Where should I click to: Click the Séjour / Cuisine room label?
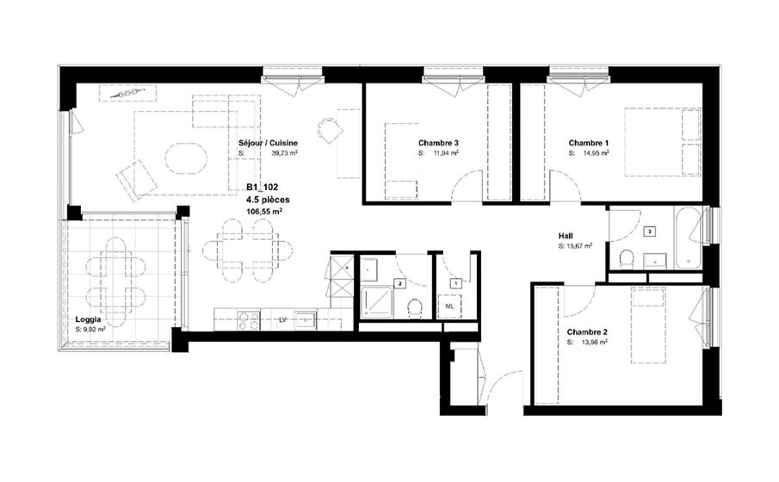268,143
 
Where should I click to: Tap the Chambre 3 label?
438,143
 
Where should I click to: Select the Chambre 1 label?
589,143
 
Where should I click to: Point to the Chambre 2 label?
587,332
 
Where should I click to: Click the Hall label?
566,237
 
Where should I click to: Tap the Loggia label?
88,319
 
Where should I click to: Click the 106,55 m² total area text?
264,211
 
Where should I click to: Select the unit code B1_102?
263,188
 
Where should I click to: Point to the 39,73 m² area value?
284,153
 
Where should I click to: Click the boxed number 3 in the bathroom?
649,231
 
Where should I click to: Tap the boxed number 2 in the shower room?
399,284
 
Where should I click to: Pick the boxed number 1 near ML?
455,283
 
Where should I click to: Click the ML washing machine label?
449,306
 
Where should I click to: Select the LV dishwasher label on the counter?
283,319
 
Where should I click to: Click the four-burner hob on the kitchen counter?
249,320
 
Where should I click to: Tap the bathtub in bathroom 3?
689,237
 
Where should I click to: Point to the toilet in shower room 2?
414,308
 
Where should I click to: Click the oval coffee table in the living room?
186,158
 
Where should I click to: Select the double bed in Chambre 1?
663,142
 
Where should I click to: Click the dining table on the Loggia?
115,281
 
